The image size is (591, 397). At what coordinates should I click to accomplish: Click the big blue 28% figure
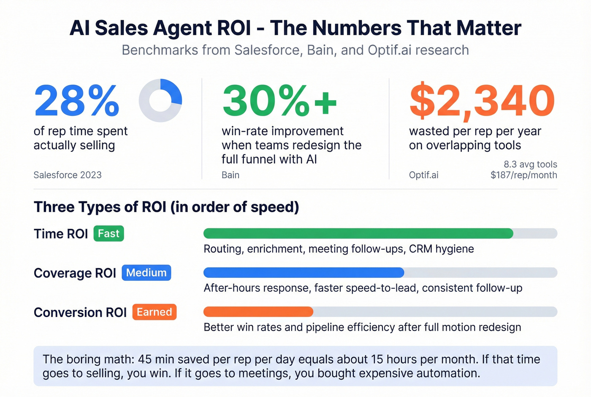click(76, 101)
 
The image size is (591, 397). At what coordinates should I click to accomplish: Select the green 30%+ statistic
click(279, 101)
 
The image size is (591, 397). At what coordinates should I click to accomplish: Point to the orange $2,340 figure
click(482, 101)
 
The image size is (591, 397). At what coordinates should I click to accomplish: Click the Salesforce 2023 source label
click(68, 175)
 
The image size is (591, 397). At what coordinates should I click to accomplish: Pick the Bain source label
click(230, 175)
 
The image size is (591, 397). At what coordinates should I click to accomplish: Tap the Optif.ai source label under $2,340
click(423, 175)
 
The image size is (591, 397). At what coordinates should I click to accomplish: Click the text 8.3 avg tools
click(530, 164)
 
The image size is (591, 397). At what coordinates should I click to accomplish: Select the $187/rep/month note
click(523, 175)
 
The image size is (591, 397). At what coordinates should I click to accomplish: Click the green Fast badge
click(108, 234)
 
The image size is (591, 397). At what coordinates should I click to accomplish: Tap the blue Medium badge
click(146, 273)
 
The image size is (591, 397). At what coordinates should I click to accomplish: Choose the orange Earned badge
click(154, 312)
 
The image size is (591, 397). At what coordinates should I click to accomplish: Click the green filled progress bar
click(358, 233)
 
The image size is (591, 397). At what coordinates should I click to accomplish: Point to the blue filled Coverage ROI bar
click(304, 273)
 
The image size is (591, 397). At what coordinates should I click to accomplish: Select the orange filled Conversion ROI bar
click(258, 312)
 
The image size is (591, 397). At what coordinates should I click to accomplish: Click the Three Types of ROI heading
click(166, 207)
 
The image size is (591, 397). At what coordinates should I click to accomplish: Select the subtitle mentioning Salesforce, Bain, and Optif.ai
click(295, 50)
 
